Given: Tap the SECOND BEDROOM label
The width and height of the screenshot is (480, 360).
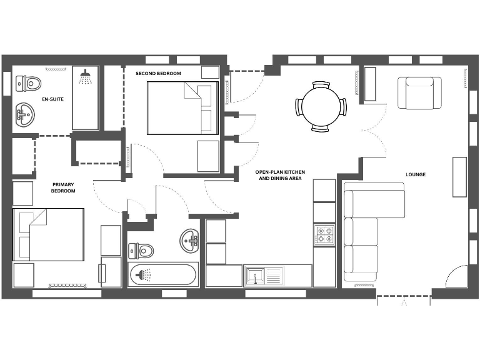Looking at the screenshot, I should [159, 74].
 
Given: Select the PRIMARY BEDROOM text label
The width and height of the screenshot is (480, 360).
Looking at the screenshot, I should [63, 187].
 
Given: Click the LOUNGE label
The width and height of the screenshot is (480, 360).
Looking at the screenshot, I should [416, 174].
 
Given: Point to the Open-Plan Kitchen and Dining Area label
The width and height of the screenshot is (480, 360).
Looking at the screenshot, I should [281, 174].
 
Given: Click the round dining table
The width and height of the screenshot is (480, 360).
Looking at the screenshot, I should [321, 107].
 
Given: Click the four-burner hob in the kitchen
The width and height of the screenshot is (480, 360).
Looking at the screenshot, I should [324, 234].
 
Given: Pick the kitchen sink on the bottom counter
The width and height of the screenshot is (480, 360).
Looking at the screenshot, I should [256, 276].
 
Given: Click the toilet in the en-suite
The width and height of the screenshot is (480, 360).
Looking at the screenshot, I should [28, 82].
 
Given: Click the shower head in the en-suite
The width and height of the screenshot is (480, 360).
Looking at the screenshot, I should [86, 77].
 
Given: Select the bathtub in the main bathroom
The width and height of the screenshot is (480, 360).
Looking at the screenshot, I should [163, 275].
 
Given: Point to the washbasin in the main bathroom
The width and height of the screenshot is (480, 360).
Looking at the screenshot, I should [190, 238].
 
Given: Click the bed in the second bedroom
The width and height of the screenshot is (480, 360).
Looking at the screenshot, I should [182, 107].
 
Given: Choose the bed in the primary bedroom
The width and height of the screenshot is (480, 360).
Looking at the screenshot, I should [49, 235].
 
